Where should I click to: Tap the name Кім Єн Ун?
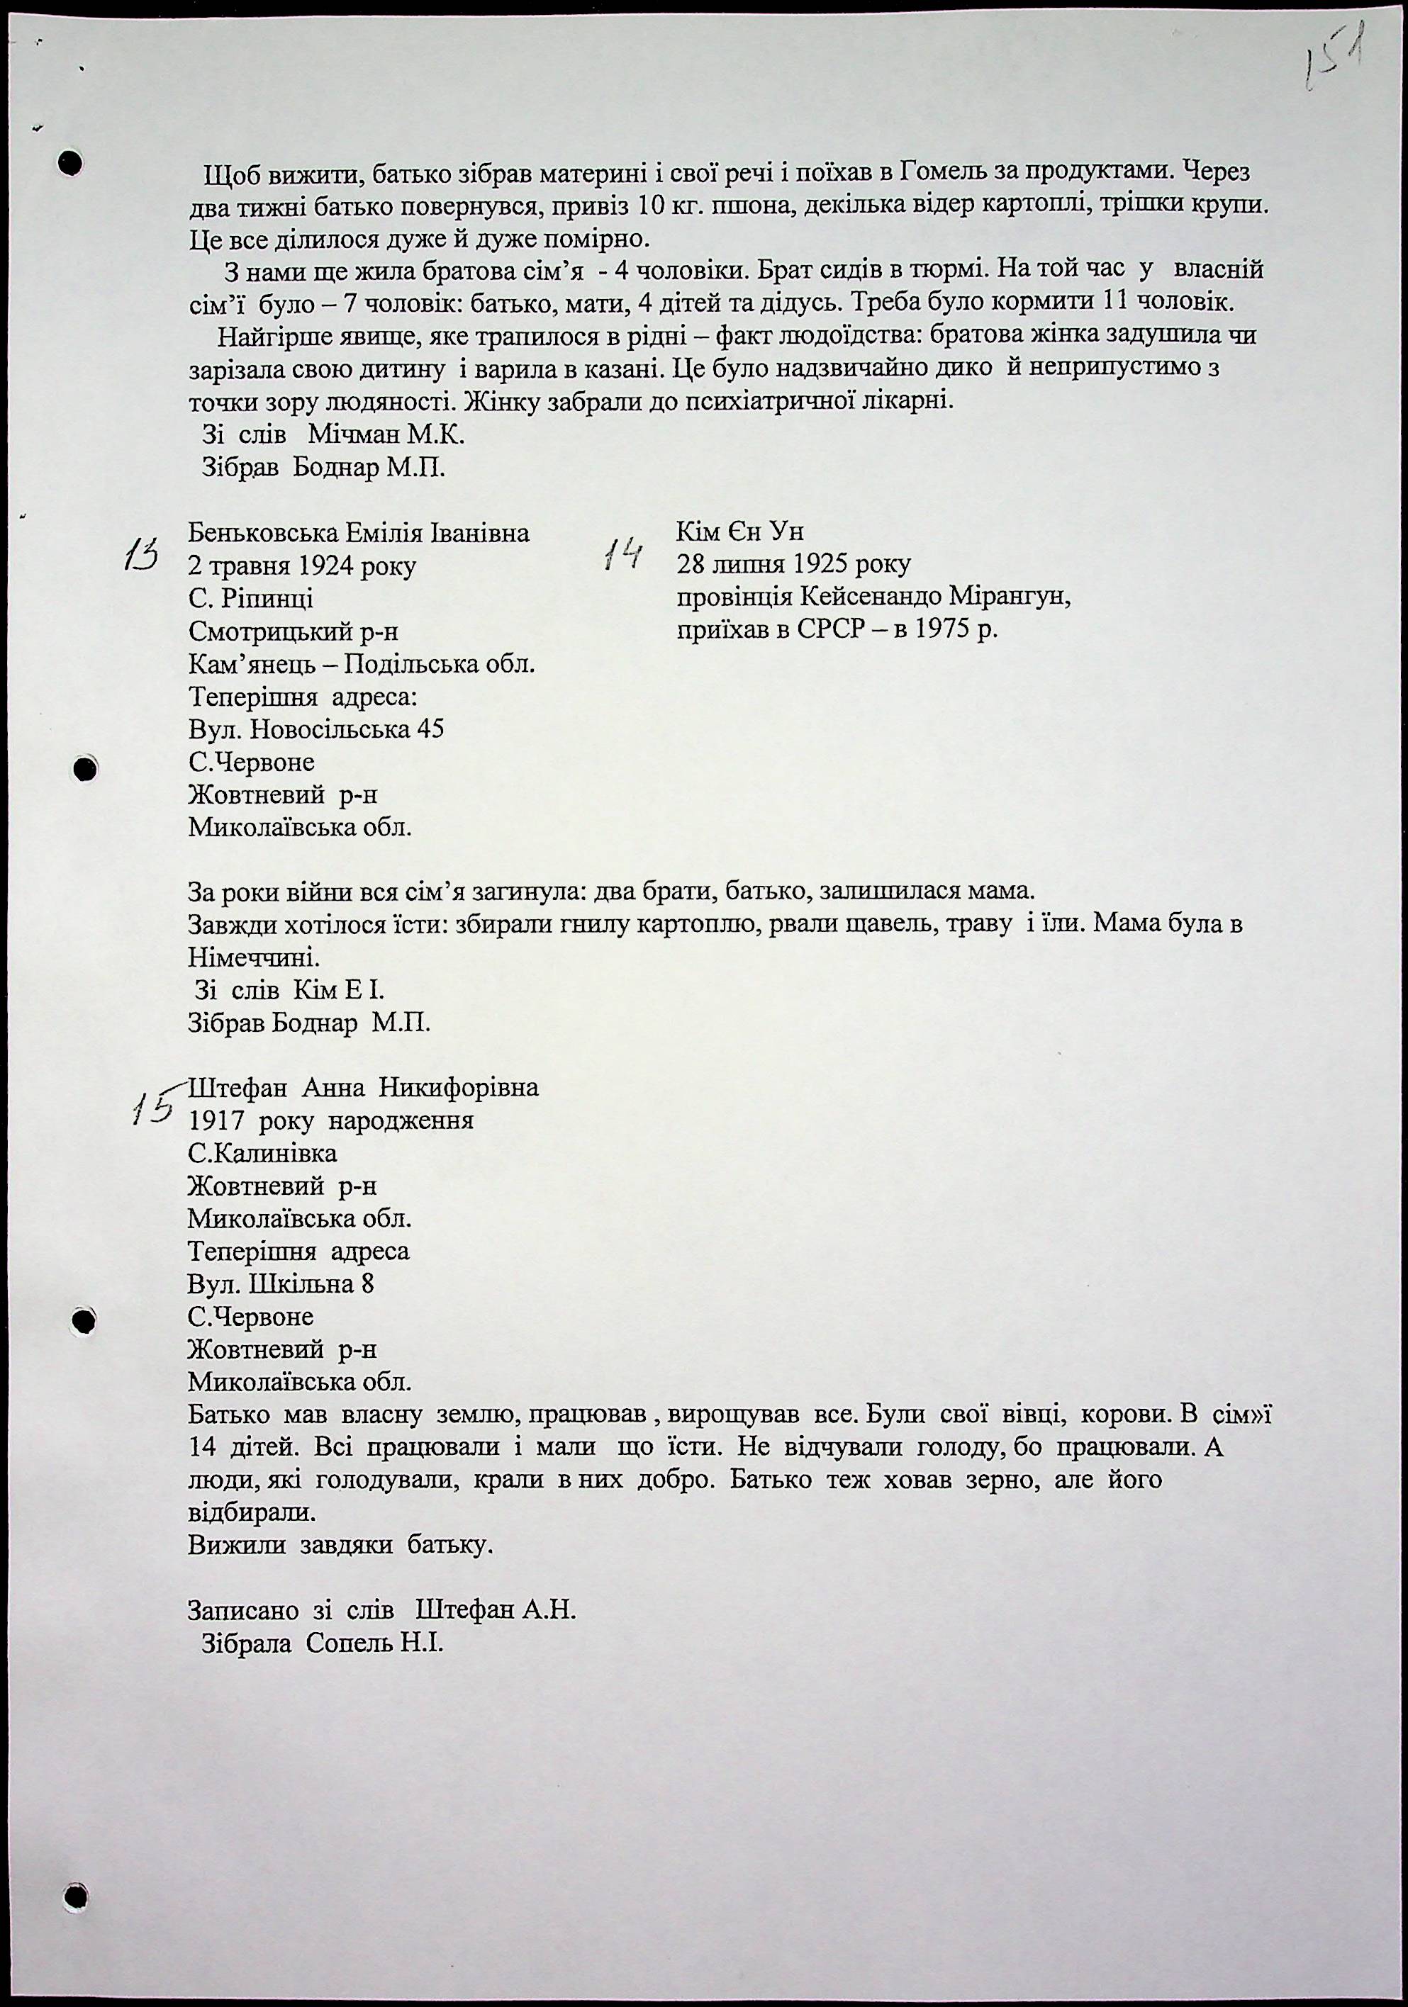[x=739, y=532]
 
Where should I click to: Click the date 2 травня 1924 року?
[x=302, y=566]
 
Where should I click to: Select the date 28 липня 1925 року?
[x=793, y=565]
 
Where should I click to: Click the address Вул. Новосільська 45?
[x=315, y=729]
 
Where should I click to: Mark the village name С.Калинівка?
[x=262, y=1153]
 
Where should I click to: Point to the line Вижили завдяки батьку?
[x=341, y=1545]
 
